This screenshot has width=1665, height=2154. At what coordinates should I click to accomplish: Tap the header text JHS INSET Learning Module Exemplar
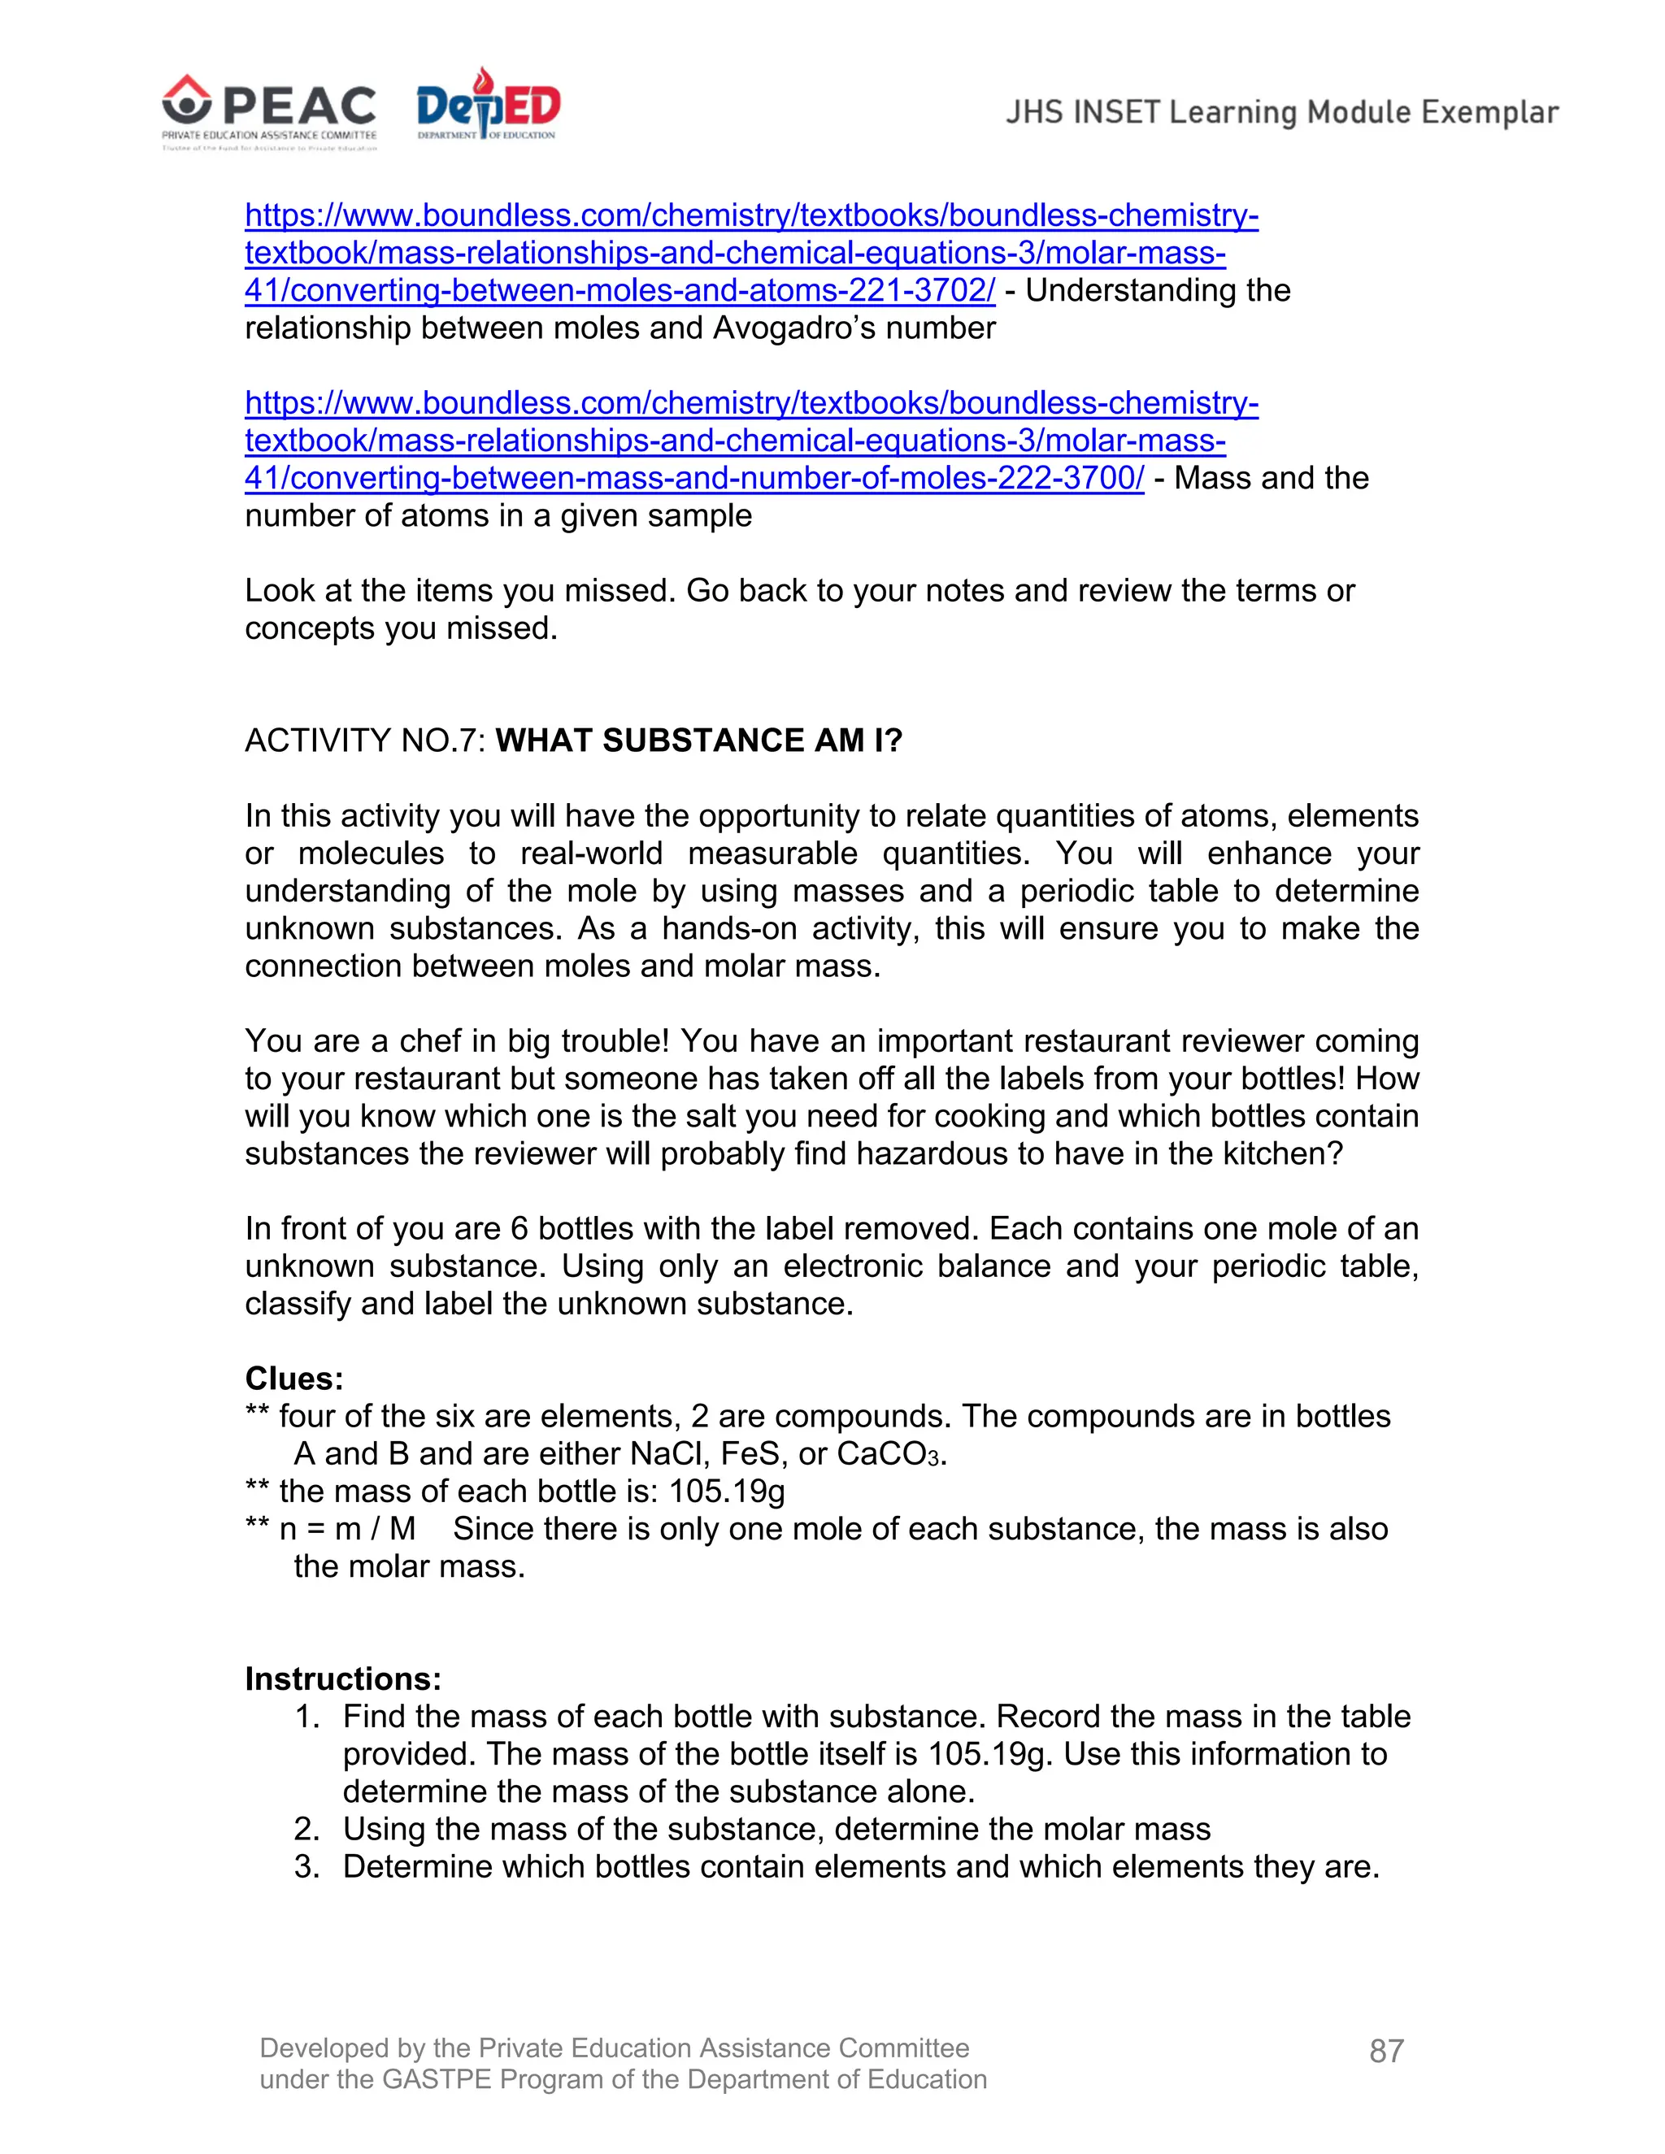point(1281,112)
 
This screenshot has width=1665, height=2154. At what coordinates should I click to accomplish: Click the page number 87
point(1386,2051)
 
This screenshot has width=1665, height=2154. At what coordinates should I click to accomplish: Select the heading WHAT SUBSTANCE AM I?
point(698,740)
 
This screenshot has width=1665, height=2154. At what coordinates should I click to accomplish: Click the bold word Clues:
point(294,1378)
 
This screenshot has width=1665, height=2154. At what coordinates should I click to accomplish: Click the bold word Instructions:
point(343,1678)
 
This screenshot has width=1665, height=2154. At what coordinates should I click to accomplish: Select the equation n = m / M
point(346,1529)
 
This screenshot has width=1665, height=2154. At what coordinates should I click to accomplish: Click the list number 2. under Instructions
point(306,1829)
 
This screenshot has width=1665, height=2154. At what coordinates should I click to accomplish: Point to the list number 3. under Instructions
point(306,1866)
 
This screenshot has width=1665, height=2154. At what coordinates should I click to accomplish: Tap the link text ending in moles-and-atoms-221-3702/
point(619,290)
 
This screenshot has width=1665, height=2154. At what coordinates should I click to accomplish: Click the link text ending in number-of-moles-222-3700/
point(694,477)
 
